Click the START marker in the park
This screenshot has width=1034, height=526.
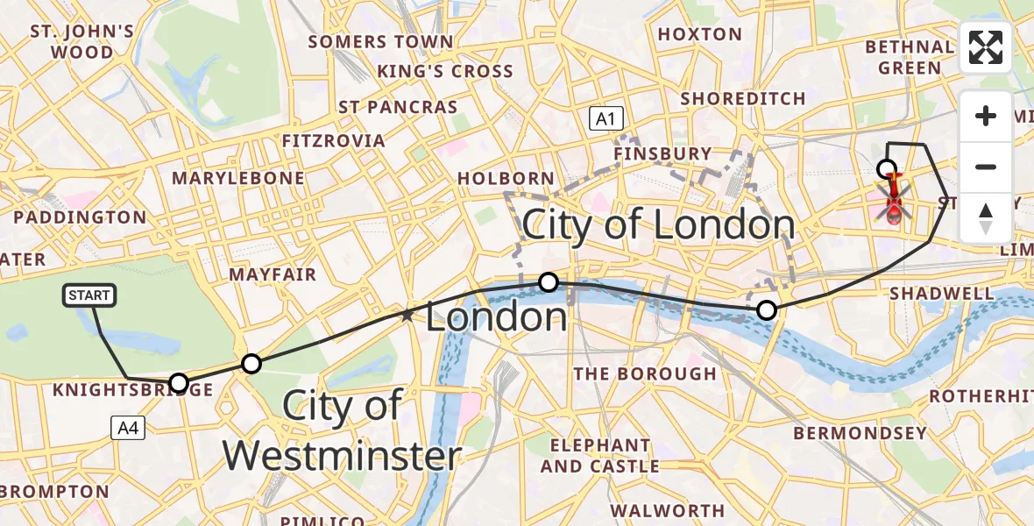(x=89, y=295)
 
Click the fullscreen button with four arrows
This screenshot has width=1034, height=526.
(x=986, y=47)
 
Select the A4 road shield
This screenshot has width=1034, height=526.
(x=128, y=428)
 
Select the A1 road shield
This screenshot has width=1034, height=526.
(x=606, y=118)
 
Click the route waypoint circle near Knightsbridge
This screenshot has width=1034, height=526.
(x=178, y=382)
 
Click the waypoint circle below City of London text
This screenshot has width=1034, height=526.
(x=549, y=281)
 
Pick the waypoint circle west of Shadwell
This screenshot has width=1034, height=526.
(x=767, y=309)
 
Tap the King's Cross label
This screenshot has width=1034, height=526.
(x=445, y=71)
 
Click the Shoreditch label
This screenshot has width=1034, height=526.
(x=743, y=98)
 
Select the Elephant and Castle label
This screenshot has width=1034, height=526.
(x=599, y=456)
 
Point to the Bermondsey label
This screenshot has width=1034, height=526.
(x=860, y=433)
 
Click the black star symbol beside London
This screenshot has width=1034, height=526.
(x=407, y=314)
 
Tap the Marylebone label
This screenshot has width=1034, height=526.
(x=238, y=178)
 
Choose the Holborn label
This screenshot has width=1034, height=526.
(x=506, y=178)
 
